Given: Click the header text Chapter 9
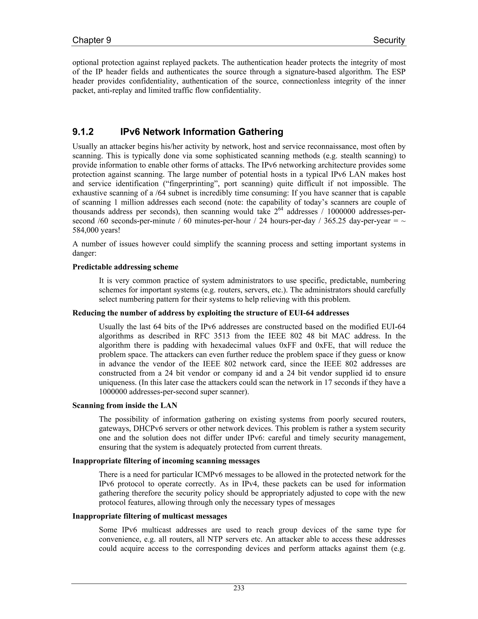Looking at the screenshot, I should [91, 40].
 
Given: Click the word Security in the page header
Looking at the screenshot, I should [389, 40].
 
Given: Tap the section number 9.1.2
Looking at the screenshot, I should [83, 132].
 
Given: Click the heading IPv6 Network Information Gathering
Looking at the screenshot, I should [202, 132].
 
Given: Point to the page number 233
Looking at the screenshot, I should [239, 588].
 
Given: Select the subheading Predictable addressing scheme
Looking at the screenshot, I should [125, 267].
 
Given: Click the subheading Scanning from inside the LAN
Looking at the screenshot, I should [125, 405].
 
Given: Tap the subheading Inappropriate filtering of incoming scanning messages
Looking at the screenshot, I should [166, 461].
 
